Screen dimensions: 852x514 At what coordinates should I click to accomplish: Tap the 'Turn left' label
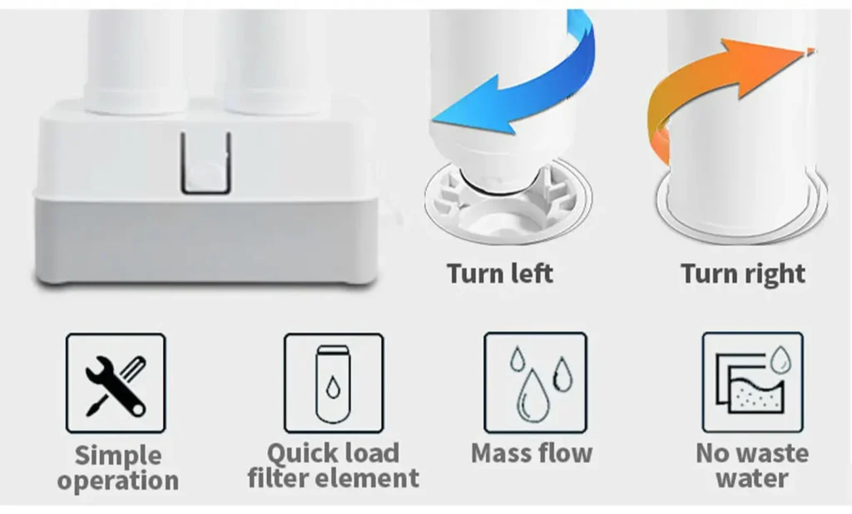(500, 273)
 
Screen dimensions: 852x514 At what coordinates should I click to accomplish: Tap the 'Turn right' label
(743, 274)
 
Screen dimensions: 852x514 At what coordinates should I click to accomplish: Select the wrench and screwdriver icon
(116, 383)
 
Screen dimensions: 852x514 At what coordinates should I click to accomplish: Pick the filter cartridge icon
(334, 383)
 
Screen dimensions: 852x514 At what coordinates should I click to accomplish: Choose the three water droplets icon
(536, 383)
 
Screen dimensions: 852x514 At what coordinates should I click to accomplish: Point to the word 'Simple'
(118, 456)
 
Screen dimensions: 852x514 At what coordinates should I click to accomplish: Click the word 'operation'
(118, 481)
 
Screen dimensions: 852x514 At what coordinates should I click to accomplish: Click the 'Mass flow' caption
(532, 453)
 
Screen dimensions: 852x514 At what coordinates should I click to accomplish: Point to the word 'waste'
(770, 453)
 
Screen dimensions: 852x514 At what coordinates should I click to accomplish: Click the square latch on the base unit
(206, 163)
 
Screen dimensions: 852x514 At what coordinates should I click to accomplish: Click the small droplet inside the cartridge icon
(333, 388)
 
